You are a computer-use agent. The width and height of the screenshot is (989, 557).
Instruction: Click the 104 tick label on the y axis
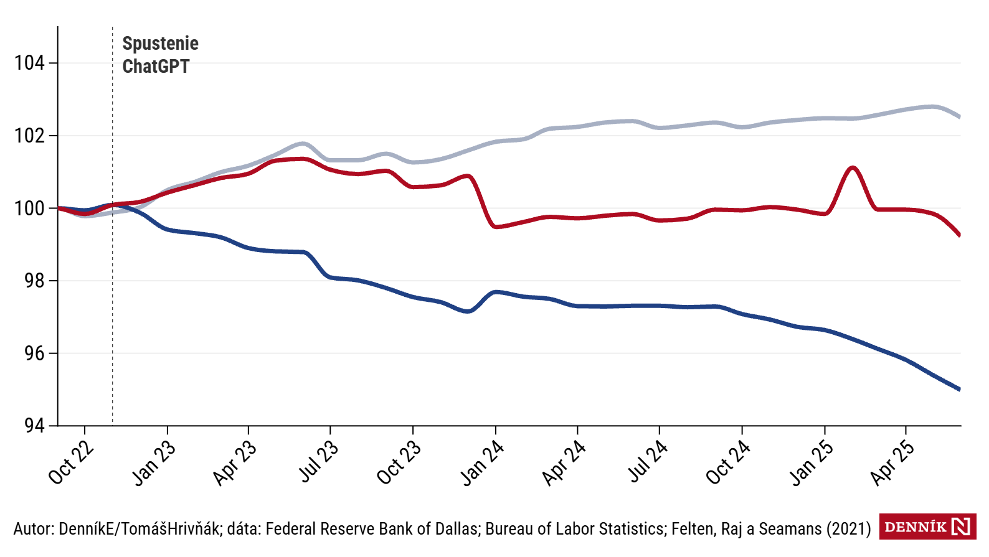tap(29, 63)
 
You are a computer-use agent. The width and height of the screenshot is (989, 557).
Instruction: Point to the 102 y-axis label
tap(29, 136)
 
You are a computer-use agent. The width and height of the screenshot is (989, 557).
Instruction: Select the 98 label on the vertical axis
tap(34, 281)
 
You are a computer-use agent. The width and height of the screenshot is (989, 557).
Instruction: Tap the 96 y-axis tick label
tap(34, 353)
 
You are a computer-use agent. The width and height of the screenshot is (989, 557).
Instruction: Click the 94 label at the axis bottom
tap(34, 426)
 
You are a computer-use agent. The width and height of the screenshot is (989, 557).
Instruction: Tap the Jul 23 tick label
tap(318, 462)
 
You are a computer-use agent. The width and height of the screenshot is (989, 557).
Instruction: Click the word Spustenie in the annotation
tap(160, 44)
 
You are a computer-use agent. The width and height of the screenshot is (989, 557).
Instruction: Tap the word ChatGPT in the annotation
tap(156, 66)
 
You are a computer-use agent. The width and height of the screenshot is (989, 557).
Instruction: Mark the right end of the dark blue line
tap(960, 390)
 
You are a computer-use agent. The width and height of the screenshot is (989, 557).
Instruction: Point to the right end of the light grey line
tap(960, 117)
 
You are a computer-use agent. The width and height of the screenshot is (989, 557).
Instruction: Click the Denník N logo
tap(927, 527)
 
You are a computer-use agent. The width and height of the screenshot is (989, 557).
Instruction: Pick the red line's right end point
tap(960, 235)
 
